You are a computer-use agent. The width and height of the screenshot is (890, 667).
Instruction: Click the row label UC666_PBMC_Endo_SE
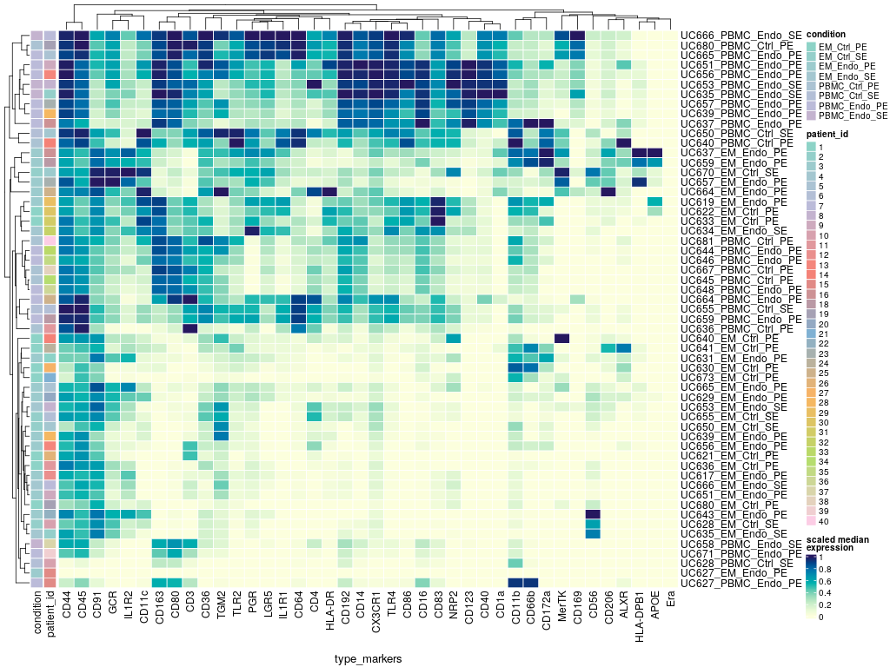741,34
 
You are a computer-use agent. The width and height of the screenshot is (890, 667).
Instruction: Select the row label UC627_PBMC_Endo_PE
741,583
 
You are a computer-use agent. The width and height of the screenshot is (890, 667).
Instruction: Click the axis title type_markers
368,659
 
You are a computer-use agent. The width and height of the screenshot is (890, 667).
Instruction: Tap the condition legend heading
827,34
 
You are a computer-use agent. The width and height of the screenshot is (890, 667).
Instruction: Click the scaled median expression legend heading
840,544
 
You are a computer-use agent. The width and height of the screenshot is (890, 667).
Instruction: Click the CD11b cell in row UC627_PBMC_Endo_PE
515,583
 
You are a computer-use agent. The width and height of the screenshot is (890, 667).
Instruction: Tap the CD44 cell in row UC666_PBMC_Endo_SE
65,34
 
